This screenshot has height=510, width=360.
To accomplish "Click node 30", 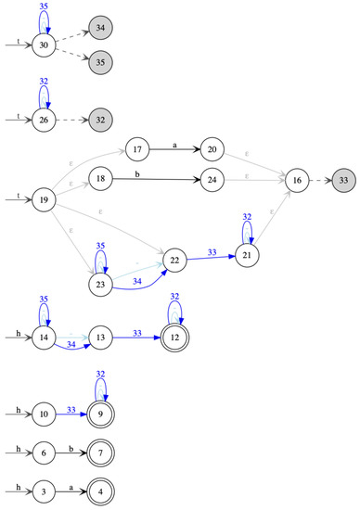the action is (x=45, y=45).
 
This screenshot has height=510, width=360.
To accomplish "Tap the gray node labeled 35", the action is (x=101, y=63).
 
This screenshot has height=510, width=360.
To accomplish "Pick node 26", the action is (x=45, y=121).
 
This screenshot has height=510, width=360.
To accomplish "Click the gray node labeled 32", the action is (x=101, y=121).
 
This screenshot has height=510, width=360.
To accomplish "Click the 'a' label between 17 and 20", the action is (x=176, y=145).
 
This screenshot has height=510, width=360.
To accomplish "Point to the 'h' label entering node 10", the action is (x=19, y=408).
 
